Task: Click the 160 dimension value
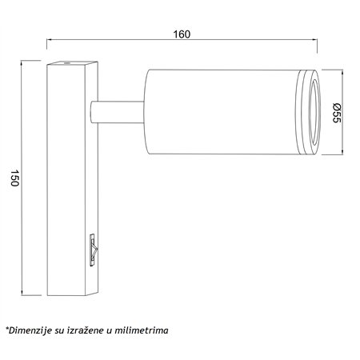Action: pyautogui.click(x=182, y=34)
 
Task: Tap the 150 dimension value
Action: pyautogui.click(x=14, y=178)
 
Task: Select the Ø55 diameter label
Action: pyautogui.click(x=337, y=113)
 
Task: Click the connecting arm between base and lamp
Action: pyautogui.click(x=118, y=112)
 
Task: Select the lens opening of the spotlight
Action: pyautogui.click(x=314, y=112)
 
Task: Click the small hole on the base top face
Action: pyautogui.click(x=66, y=63)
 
